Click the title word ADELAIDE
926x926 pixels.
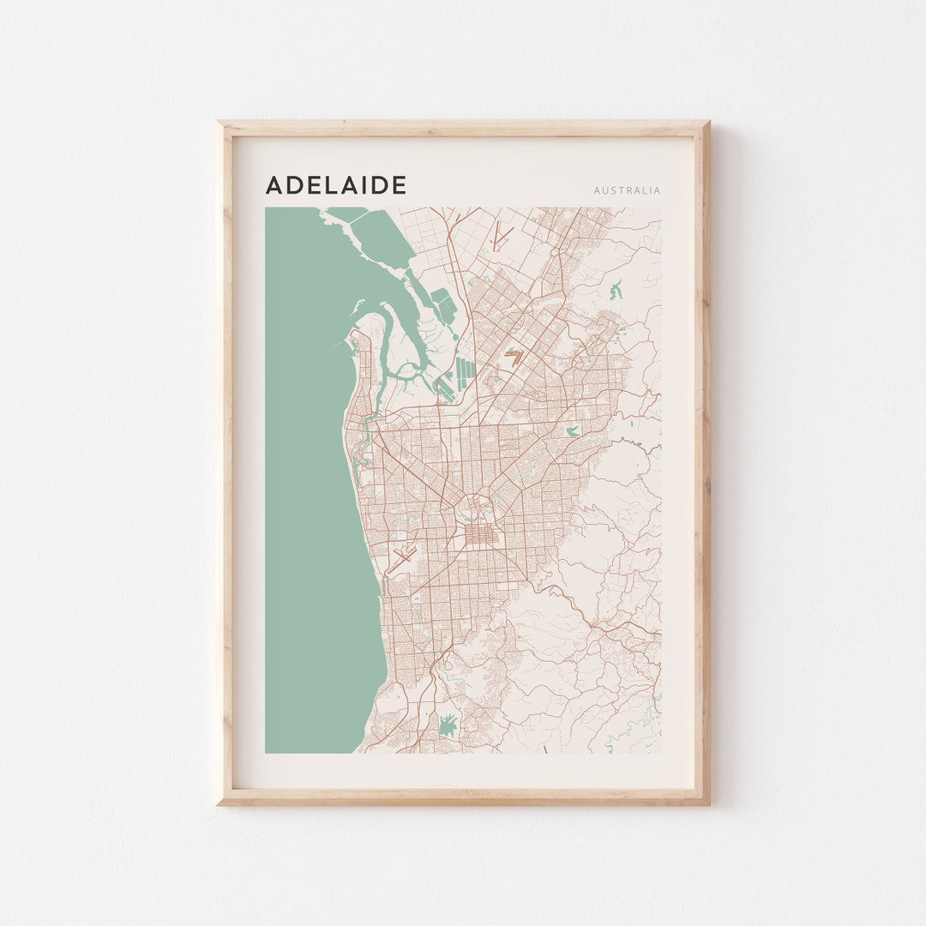335,185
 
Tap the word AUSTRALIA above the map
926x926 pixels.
627,190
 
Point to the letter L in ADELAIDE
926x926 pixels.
328,185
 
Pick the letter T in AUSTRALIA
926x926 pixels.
619,190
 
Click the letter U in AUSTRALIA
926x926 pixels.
604,190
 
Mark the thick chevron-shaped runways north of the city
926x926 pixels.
514,357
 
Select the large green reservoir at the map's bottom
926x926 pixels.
446,726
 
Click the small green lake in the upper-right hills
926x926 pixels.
616,290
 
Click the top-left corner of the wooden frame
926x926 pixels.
219,123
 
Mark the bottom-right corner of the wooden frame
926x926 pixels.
707,803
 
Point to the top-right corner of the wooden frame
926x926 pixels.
707,123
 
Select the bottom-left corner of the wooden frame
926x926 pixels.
219,803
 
